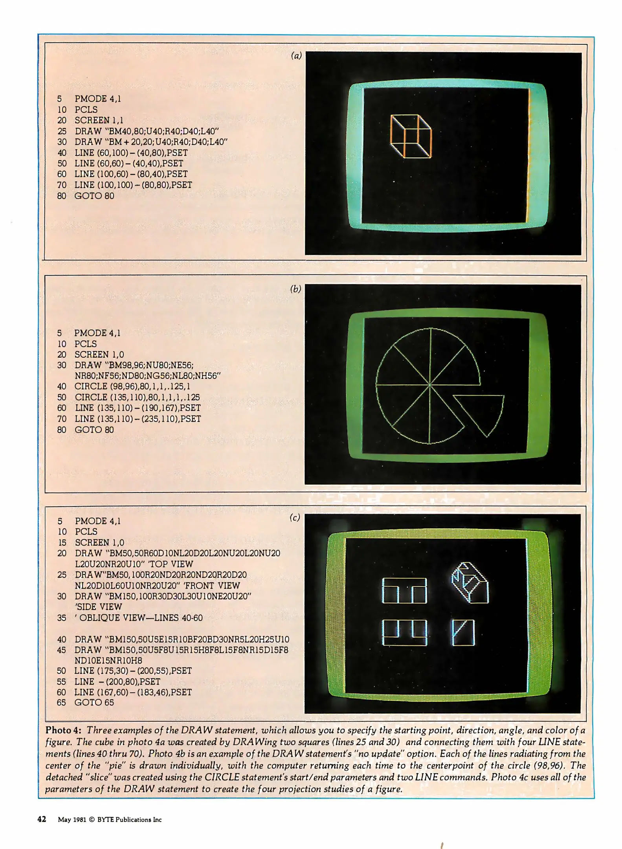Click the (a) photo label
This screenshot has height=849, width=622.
tap(296, 56)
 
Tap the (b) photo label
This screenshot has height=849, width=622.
tap(295, 289)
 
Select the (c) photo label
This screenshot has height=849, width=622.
tap(295, 518)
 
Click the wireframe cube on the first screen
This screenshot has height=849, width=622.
tap(411, 136)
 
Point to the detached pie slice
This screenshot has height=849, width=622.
tap(482, 413)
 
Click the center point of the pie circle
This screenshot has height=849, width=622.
tap(430, 384)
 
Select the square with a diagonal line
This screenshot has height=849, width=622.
tap(464, 633)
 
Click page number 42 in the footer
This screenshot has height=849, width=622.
tap(42, 820)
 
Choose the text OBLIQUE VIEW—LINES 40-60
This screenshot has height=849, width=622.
tap(141, 618)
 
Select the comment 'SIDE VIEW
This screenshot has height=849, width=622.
tap(98, 607)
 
